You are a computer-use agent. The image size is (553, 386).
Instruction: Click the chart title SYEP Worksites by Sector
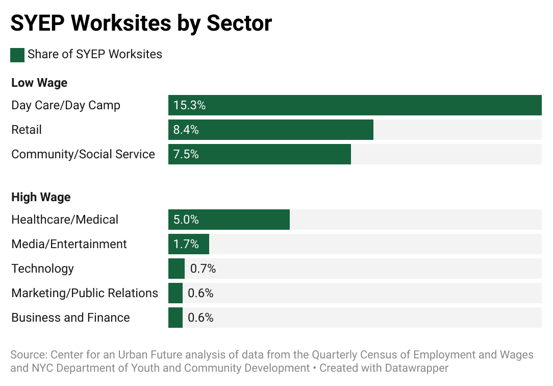point(141,23)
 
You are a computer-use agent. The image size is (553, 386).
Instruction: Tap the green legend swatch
point(17,55)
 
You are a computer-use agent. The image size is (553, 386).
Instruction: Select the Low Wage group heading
point(39,83)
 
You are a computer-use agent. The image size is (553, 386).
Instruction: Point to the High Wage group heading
point(41,197)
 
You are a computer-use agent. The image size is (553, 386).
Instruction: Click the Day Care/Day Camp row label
point(66,105)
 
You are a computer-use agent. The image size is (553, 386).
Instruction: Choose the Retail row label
point(27,130)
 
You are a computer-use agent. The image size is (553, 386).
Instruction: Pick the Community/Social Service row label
point(83,154)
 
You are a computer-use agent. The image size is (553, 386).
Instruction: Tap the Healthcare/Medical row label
point(65,220)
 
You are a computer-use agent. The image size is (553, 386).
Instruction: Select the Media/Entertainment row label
point(69,244)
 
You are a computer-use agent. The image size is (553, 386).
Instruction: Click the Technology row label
point(42,269)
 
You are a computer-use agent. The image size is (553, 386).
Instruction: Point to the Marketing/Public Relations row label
point(85,293)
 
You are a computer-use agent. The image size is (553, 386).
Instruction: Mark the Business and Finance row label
point(70,318)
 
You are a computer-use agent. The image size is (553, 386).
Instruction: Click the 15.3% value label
point(189,105)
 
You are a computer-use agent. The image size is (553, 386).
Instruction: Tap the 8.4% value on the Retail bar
point(186,130)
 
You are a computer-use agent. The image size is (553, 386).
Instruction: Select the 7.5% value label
point(186,154)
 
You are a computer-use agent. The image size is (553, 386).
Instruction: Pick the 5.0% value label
point(186,220)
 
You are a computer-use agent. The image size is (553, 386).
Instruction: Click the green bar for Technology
point(177,269)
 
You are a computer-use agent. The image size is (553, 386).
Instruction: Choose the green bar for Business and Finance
point(175,318)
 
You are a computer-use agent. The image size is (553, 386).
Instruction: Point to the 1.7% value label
point(186,244)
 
